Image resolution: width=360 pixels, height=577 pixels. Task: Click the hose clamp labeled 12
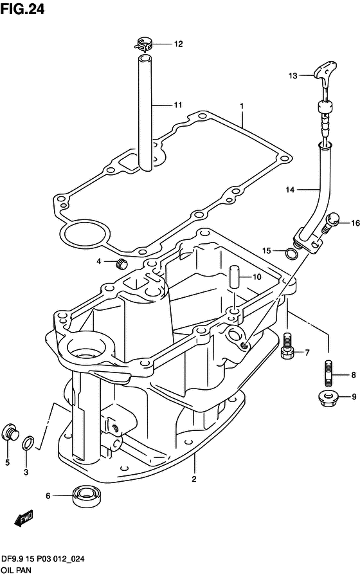tap(144, 44)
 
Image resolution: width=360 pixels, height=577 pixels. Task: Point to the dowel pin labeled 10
tap(233, 277)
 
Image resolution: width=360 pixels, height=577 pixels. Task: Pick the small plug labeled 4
tap(121, 263)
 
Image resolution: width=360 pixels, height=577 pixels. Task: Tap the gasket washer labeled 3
tap(28, 443)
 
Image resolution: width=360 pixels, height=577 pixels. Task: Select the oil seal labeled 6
tap(87, 496)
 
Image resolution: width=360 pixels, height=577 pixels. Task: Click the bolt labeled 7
tap(287, 346)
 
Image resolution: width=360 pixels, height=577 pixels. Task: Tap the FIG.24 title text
tap(22, 9)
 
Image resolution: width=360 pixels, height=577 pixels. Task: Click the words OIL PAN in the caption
tap(16, 570)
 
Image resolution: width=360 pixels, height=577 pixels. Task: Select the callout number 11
tap(178, 105)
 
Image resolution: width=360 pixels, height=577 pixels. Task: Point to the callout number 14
tap(290, 190)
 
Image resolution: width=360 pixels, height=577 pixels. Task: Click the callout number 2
tap(194, 479)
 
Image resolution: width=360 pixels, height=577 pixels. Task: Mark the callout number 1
tap(242, 106)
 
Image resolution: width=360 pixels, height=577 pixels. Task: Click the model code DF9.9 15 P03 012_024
tap(43, 559)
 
